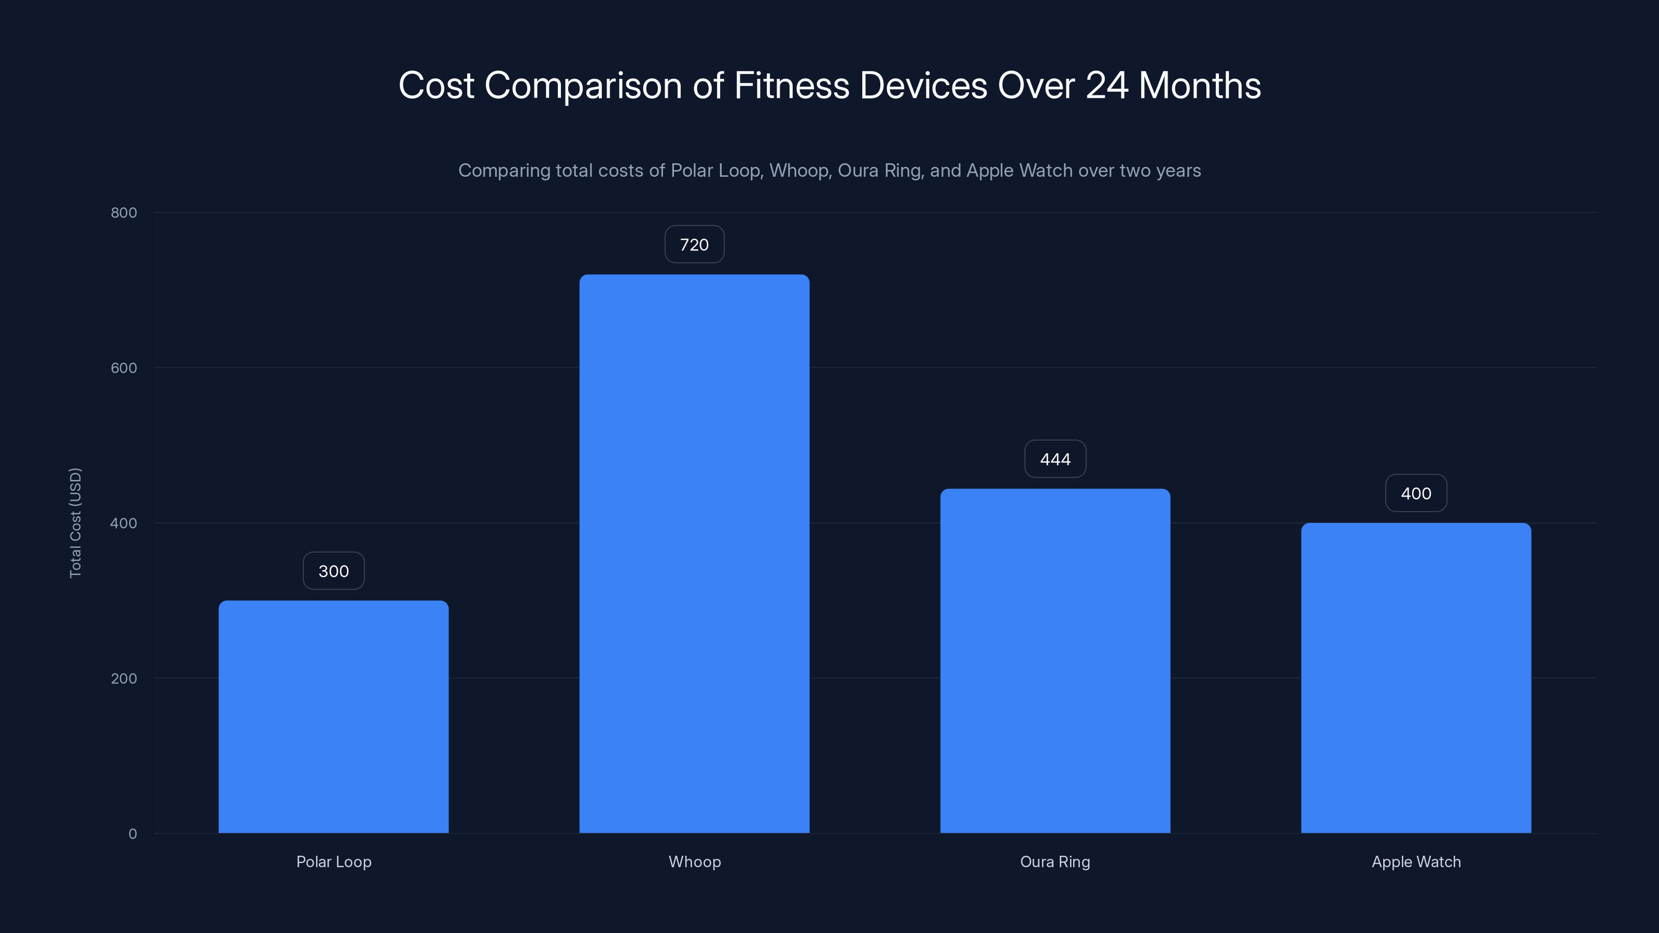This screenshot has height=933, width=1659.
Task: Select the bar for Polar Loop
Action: point(333,717)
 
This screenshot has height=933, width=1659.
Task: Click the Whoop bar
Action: point(694,554)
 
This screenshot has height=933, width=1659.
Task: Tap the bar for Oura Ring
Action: point(1055,661)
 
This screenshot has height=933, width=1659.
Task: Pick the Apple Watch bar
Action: point(1415,677)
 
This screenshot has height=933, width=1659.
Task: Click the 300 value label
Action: point(333,571)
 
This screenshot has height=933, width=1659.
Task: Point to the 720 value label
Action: point(694,245)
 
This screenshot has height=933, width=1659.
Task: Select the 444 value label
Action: point(1055,459)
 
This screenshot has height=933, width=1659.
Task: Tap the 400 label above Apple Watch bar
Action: point(1415,493)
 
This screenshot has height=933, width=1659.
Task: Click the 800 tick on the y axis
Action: point(124,213)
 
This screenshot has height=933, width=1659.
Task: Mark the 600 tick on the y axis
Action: point(124,367)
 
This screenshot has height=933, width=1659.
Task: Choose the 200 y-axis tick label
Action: point(124,678)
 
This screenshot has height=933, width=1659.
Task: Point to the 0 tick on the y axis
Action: point(133,834)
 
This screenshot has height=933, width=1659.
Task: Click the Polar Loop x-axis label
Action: point(333,861)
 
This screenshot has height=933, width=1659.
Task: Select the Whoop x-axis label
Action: point(694,861)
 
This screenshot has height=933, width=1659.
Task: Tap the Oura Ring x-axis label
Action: point(1055,861)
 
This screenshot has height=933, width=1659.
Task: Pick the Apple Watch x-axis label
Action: point(1415,861)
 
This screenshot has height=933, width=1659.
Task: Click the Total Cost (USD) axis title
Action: point(75,523)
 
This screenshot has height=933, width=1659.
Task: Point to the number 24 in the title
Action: point(1106,86)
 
